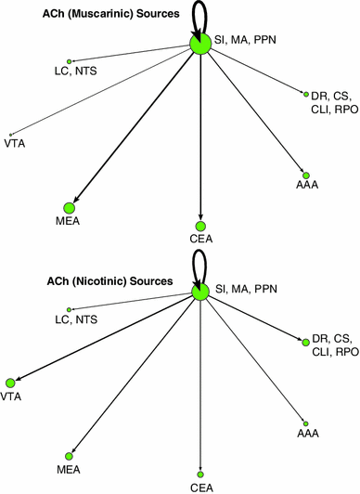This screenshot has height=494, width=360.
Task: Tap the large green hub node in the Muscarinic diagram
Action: click(x=199, y=44)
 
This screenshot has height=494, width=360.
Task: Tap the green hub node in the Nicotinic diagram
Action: click(x=199, y=292)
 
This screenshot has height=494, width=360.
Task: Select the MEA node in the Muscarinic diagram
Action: click(x=69, y=208)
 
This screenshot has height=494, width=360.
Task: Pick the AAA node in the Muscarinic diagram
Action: click(x=305, y=175)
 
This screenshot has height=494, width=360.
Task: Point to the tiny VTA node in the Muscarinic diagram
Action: click(x=9, y=134)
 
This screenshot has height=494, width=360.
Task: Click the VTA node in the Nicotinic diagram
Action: click(x=10, y=383)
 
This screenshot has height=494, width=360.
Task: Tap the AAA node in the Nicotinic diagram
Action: click(x=305, y=422)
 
